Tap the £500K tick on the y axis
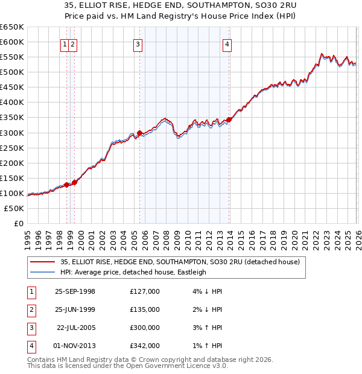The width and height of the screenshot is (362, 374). [x=13, y=72]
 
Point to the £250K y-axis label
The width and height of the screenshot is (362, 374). [x=13, y=148]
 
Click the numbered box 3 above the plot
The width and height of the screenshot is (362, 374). [x=138, y=43]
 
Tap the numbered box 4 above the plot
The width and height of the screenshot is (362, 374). [x=227, y=43]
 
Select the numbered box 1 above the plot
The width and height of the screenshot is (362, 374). [x=64, y=43]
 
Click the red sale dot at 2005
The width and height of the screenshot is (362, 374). [x=139, y=133]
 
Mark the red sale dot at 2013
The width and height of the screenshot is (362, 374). [x=229, y=119]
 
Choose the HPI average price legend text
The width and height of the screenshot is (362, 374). [x=133, y=272]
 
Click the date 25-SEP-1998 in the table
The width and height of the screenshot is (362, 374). [x=75, y=291]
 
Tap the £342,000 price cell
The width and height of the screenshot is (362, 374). [x=145, y=346]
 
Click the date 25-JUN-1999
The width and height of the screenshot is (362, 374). [x=75, y=309]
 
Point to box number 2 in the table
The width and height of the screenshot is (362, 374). [x=31, y=309]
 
